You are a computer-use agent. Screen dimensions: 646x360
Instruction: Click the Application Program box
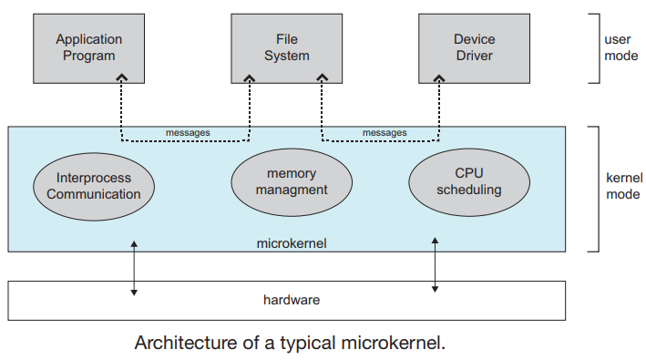click(88, 48)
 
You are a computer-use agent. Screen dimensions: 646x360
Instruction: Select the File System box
click(286, 48)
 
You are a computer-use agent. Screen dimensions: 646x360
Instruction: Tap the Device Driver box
click(474, 48)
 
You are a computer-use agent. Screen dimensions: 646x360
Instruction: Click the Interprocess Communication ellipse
click(94, 187)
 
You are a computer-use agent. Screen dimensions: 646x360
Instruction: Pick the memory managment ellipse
click(292, 182)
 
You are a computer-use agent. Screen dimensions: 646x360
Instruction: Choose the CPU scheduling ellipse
click(469, 182)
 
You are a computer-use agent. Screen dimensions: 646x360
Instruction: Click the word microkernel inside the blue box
click(292, 243)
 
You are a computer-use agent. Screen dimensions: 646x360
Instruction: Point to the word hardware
click(292, 300)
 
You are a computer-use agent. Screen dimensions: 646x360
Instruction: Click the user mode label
click(620, 47)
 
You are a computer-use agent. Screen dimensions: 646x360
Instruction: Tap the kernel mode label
click(624, 186)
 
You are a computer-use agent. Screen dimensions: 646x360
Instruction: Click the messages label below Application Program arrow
click(188, 133)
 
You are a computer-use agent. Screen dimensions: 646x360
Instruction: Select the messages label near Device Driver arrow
click(385, 133)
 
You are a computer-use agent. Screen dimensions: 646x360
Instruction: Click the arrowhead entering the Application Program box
click(121, 77)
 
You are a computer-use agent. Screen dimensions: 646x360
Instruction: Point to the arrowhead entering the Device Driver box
click(439, 77)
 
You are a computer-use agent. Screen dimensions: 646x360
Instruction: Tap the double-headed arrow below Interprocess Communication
click(134, 268)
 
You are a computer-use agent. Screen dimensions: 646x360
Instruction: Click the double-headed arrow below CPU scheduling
click(435, 265)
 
